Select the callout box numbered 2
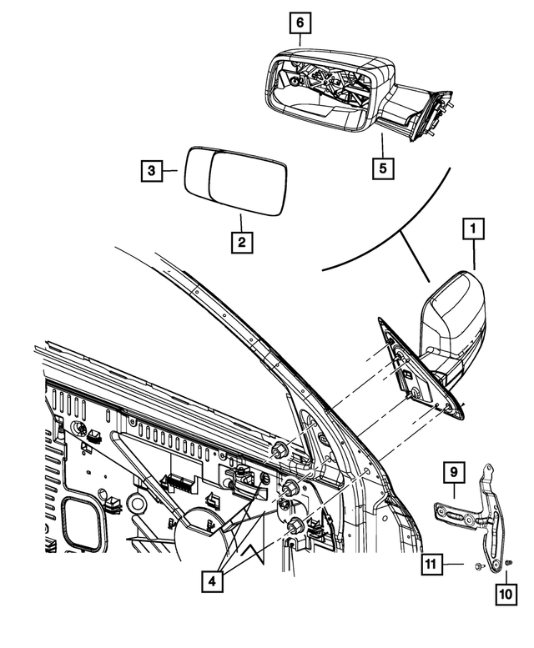(x=241, y=243)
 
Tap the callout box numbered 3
(x=151, y=171)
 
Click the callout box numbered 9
(x=451, y=474)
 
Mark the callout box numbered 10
(x=506, y=594)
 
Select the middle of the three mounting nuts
(x=291, y=488)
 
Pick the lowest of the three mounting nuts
(x=295, y=526)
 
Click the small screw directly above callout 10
(x=509, y=563)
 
